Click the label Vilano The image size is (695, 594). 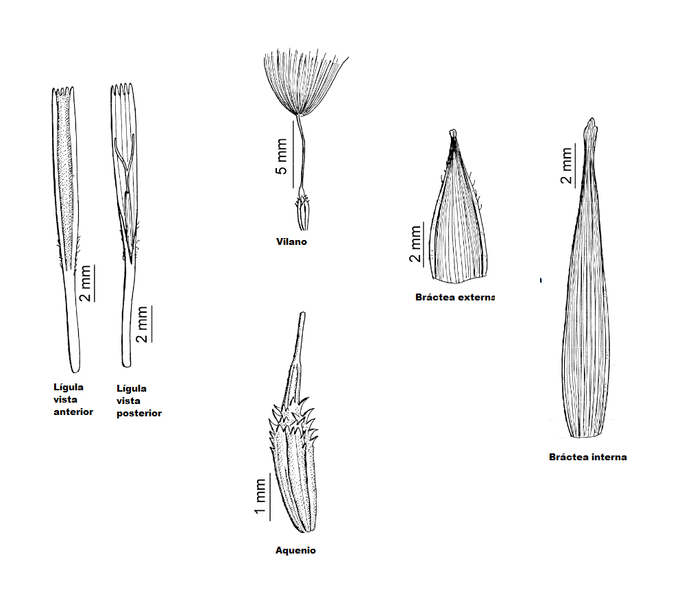291,241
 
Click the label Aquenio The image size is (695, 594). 295,551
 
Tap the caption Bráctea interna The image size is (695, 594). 588,457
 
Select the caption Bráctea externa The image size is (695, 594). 455,297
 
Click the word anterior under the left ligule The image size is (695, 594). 73,412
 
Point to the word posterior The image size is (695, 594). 139,413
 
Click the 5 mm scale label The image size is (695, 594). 282,156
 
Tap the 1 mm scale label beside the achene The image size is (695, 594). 260,497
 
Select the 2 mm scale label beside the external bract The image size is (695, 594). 415,244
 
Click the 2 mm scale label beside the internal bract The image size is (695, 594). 566,165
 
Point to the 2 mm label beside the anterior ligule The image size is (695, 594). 85,283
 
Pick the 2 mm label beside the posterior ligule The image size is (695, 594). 141,324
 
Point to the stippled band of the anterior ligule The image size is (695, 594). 65,182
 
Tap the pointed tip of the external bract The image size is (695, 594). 452,133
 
